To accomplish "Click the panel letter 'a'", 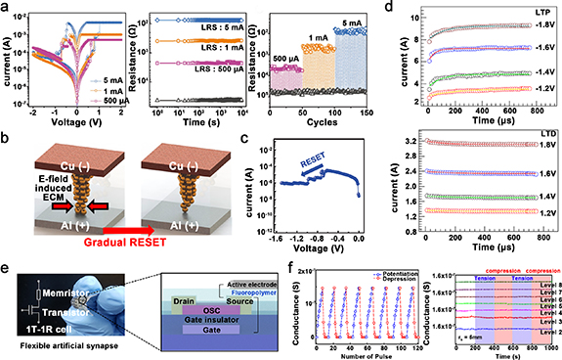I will pos(7,8).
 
